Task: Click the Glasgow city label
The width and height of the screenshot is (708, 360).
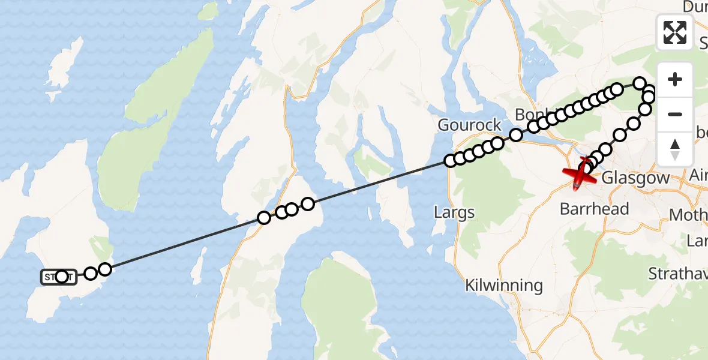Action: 634,178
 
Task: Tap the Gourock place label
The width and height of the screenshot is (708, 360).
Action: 470,125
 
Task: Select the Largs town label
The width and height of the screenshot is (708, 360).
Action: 455,212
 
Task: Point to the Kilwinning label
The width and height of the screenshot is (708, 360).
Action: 504,285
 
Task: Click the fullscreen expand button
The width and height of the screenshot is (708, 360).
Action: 675,32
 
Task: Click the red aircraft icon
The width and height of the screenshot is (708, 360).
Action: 580,175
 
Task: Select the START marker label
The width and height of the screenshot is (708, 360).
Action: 59,277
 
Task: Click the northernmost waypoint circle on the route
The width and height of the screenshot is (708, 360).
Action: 640,83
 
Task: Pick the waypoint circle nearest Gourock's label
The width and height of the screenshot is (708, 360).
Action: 497,143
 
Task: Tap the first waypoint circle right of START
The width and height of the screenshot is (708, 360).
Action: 90,274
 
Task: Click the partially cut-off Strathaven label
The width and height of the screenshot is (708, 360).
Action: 678,274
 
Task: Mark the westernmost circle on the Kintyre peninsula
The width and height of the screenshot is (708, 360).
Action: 263,218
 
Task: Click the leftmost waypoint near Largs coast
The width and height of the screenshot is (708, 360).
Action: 450,160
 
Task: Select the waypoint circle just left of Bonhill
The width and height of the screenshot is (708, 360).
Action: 515,135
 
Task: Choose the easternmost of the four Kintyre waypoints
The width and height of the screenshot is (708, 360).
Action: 308,204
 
